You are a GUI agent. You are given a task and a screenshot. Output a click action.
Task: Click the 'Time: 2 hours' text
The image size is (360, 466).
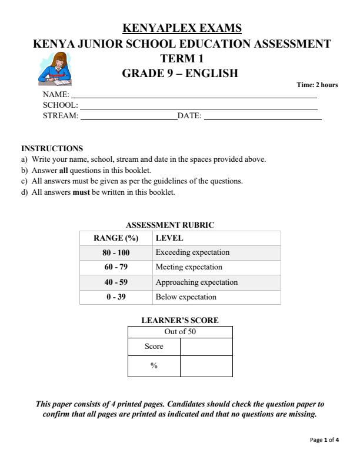[317, 85]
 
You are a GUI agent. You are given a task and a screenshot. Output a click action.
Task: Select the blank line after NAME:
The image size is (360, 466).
[194, 96]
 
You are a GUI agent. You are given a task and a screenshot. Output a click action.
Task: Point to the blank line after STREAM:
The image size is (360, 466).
[128, 118]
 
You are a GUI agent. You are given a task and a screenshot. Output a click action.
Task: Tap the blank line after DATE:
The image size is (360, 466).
[262, 118]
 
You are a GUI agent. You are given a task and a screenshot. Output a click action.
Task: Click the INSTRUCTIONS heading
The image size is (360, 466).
[52, 148]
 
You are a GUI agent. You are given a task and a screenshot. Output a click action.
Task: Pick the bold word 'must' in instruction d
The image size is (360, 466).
[81, 192]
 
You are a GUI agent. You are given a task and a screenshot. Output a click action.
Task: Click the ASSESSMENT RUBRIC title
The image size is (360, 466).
[171, 225]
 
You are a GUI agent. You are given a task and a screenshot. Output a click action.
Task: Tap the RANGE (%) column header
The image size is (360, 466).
[115, 238]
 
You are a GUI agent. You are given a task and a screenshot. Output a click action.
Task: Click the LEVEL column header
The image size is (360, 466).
[169, 238]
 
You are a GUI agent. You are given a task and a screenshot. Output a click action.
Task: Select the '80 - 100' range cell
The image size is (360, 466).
[115, 252]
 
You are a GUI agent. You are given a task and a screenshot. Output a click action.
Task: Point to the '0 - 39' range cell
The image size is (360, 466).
[115, 297]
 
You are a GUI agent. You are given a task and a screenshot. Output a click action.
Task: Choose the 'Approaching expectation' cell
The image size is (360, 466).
[196, 282]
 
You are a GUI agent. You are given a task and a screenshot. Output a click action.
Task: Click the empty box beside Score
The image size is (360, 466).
[206, 347]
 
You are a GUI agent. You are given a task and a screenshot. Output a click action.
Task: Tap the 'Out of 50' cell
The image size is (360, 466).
[180, 332]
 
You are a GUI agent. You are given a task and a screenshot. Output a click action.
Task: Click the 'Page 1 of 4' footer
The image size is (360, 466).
[324, 440]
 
